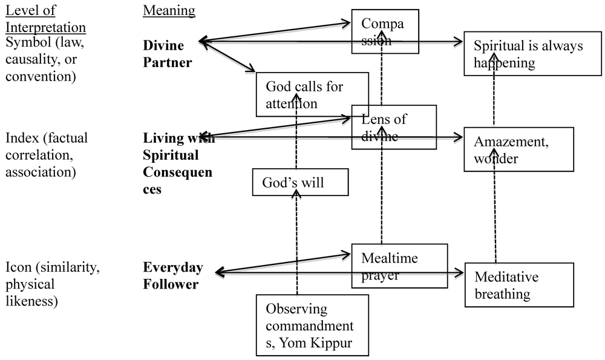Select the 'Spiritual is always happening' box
pos(518,54)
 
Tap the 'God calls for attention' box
pos(312,94)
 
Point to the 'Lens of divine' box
pos(394,127)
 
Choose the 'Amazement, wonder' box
pos(518,149)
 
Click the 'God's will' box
pos(301,182)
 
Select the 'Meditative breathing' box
pos(518,286)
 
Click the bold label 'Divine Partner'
pos(168,53)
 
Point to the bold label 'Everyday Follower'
pos(172,275)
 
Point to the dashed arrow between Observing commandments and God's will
pos(296,248)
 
